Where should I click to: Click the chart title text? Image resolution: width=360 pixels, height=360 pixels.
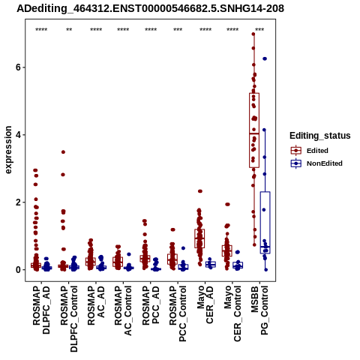(150, 8)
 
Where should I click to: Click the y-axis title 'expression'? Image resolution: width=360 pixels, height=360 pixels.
(8, 150)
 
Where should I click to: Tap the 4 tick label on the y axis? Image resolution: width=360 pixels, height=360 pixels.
(18, 135)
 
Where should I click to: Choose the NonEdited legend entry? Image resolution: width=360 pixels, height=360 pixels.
(316, 163)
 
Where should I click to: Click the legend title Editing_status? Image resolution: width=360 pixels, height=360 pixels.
(320, 136)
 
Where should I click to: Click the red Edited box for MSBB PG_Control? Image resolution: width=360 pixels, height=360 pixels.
(254, 130)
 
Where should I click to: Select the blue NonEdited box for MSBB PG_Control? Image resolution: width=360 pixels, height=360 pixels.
(265, 223)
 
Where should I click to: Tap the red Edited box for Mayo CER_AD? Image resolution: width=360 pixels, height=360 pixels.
(199, 238)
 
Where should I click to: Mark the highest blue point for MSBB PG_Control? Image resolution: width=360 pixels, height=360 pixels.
(265, 58)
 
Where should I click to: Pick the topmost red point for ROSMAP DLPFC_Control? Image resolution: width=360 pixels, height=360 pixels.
(63, 152)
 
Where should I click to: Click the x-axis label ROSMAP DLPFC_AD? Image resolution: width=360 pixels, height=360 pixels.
(41, 310)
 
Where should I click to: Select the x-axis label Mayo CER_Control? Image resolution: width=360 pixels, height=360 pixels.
(232, 313)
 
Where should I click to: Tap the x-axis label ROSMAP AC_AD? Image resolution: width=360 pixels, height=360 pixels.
(96, 305)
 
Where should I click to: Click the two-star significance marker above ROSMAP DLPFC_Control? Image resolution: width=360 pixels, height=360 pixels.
(69, 30)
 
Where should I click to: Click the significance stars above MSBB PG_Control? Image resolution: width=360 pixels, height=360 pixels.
(259, 30)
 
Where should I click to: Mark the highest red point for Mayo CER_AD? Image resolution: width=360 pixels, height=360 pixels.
(200, 191)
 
